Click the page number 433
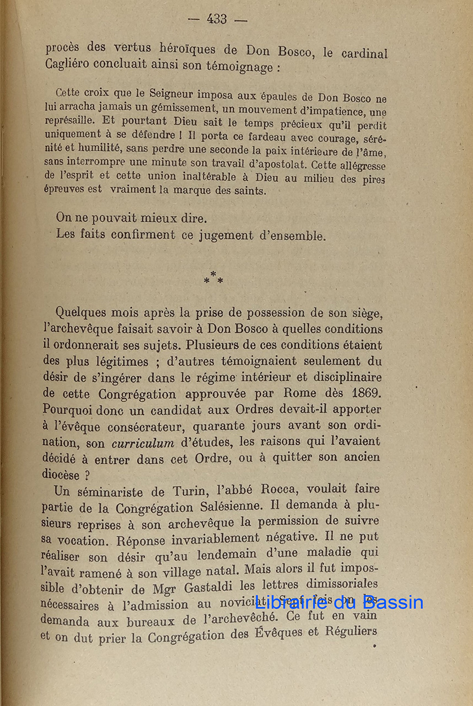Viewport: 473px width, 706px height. click(x=216, y=19)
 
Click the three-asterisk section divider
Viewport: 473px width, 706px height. click(x=213, y=278)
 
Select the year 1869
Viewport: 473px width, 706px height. click(x=364, y=394)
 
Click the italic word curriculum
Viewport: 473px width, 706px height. click(x=139, y=442)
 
